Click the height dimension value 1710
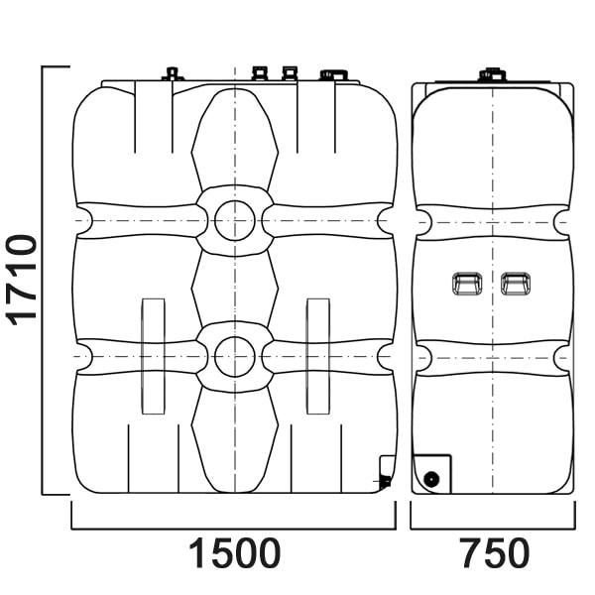[22, 280]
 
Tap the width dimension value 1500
[234, 553]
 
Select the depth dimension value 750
[495, 553]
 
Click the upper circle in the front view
[234, 220]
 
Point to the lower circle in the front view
[234, 356]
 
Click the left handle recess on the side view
[467, 284]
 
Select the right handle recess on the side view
[516, 284]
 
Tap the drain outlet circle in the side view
[431, 479]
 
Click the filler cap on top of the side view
[492, 74]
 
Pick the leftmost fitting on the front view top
[173, 74]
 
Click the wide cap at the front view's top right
[333, 74]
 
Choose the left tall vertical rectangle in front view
[154, 356]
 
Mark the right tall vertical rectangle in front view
[318, 356]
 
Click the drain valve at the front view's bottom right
[385, 482]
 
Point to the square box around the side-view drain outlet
[431, 474]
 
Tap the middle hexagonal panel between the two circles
[234, 289]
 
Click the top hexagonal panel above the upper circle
[234, 140]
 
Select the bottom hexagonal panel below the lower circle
[234, 440]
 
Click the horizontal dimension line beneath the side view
[493, 528]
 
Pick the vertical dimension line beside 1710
[43, 281]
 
